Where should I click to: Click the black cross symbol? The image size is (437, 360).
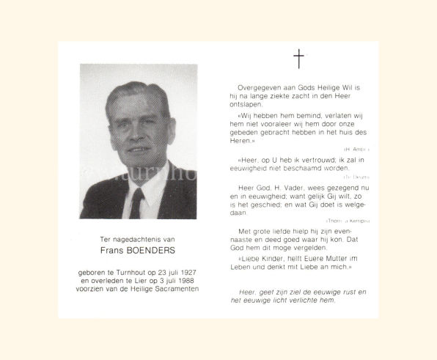point(298,59)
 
